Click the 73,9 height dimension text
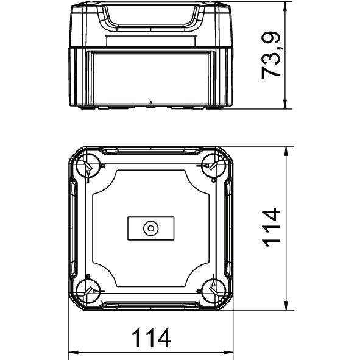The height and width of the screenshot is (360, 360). tap(271, 55)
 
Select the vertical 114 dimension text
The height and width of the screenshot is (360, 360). tap(271, 227)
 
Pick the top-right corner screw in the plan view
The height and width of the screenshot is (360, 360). tap(213, 165)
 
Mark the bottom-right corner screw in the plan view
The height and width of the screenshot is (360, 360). tap(213, 291)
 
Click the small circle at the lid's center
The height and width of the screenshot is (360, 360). tap(150, 228)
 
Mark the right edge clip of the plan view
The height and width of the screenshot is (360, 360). tap(227, 228)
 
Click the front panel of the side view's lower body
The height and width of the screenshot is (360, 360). tap(150, 73)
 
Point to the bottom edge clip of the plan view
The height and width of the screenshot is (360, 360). tap(150, 305)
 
